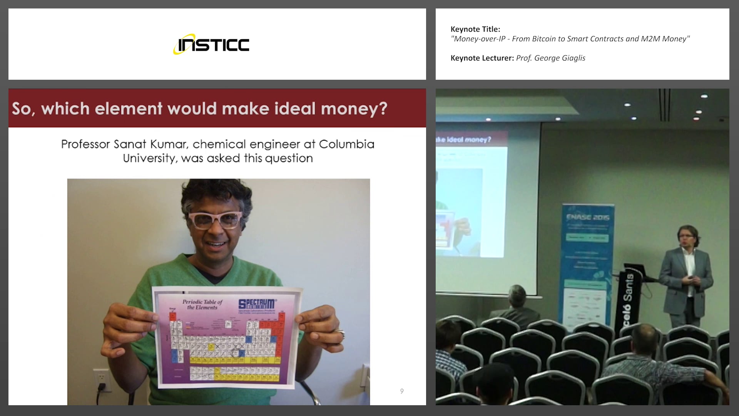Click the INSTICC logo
point(211,44)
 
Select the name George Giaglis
point(560,58)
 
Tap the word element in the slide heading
point(129,109)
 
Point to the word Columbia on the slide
point(346,144)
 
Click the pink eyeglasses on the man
point(215,220)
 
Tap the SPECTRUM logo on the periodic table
point(256,304)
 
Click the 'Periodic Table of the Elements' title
point(202,305)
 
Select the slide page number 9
point(402,391)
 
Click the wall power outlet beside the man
point(101,380)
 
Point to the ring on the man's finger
point(340,332)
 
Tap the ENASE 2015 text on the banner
point(588,217)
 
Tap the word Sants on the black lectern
point(628,287)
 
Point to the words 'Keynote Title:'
point(475,29)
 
